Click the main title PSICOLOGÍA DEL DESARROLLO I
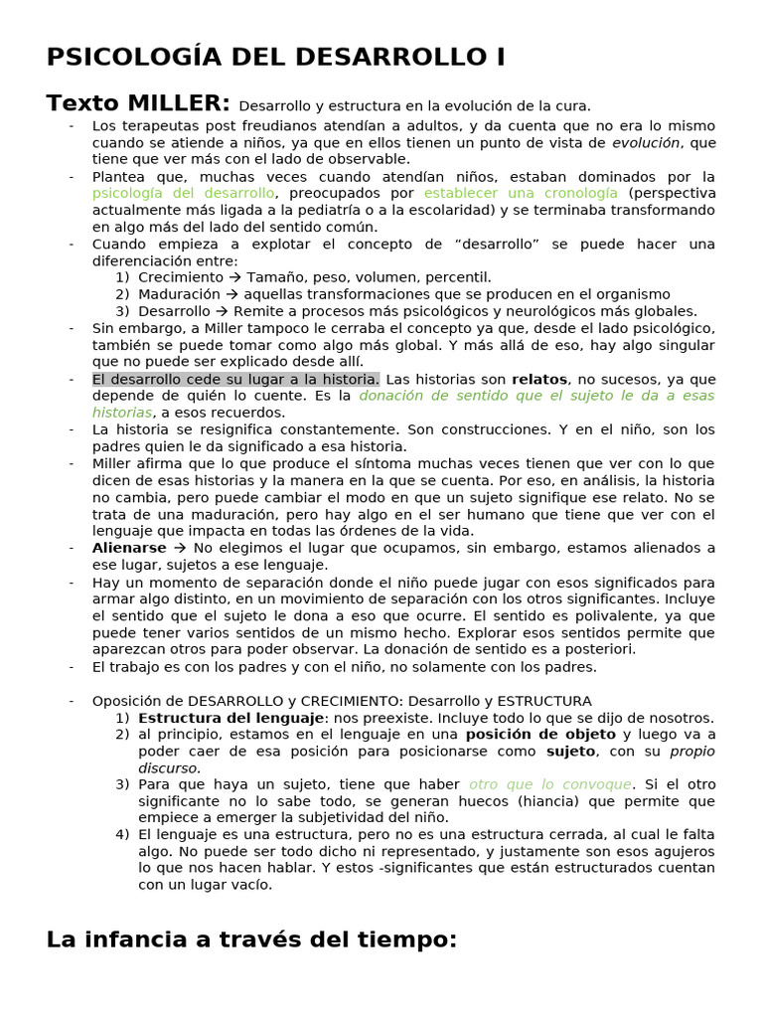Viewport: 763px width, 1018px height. (275, 57)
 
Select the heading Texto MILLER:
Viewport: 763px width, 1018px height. (138, 103)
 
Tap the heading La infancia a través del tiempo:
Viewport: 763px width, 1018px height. (251, 939)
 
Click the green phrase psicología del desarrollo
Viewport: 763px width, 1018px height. (183, 193)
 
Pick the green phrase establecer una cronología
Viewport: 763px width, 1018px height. (521, 193)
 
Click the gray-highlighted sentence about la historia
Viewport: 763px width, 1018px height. (235, 379)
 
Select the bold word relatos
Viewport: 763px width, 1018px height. (539, 379)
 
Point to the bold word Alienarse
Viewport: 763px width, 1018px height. (129, 548)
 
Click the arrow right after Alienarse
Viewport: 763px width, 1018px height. (180, 548)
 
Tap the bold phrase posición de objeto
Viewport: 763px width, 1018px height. (527, 735)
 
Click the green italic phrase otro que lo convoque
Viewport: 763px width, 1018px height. (549, 784)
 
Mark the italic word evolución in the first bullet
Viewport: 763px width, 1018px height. (646, 142)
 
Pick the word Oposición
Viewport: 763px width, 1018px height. (128, 701)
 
